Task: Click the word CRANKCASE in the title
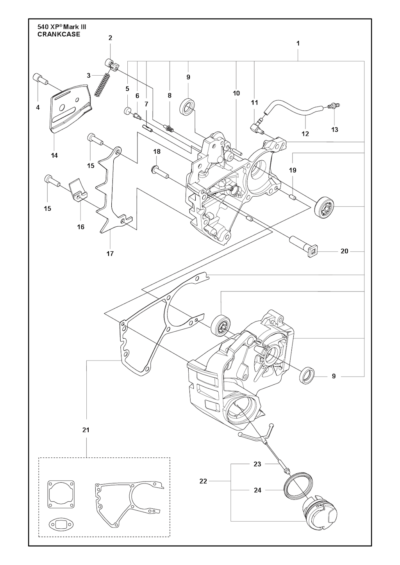[x=59, y=34]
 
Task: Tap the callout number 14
[x=54, y=155]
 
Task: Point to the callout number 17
[x=110, y=254]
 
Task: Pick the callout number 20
[x=345, y=251]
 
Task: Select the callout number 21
[x=86, y=430]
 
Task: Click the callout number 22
[x=203, y=481]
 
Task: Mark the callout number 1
[x=298, y=43]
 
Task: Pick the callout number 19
[x=293, y=170]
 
